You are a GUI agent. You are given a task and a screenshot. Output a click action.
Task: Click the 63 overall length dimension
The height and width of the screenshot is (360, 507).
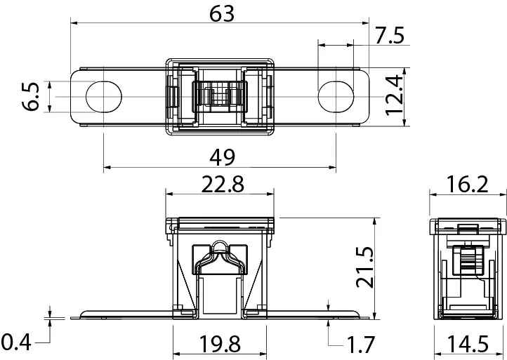click(221, 15)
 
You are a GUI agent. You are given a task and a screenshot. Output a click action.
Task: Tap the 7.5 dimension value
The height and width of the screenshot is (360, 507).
click(390, 35)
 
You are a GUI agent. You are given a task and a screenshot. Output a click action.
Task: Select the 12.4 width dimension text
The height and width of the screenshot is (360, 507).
click(395, 95)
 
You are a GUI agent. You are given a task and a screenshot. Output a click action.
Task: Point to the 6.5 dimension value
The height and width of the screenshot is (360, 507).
click(31, 97)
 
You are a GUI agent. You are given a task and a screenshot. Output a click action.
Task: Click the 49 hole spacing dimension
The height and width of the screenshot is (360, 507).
click(222, 158)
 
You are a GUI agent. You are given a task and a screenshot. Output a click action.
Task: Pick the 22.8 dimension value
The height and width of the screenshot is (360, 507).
click(223, 185)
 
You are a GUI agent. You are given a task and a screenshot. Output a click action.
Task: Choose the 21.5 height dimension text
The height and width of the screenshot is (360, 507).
click(364, 267)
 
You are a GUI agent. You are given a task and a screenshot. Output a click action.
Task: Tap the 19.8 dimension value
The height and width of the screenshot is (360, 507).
click(220, 344)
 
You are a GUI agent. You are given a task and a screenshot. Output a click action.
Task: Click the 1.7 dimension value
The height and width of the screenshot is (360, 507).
click(360, 345)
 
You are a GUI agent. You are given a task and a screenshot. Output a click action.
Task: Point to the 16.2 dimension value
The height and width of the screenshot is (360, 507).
click(466, 185)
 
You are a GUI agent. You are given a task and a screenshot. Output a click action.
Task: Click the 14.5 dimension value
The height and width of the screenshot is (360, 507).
click(468, 344)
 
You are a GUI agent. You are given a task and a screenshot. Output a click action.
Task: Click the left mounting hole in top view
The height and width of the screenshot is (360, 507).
click(103, 97)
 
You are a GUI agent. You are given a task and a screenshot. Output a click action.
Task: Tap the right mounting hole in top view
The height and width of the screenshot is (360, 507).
click(336, 97)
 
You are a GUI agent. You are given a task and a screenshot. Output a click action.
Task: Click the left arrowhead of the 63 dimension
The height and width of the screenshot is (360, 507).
click(74, 23)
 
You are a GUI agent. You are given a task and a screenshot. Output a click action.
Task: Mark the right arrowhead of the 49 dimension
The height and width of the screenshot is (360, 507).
click(332, 168)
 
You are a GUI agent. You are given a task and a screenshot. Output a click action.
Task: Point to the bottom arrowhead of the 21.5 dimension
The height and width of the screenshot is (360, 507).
click(374, 315)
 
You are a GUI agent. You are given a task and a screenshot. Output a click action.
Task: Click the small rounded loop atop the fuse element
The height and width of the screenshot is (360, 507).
click(220, 245)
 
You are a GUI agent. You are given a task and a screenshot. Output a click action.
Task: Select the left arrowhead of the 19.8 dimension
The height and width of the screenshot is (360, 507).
click(177, 354)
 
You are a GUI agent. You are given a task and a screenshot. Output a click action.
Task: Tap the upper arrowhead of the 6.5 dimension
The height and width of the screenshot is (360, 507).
click(49, 85)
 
